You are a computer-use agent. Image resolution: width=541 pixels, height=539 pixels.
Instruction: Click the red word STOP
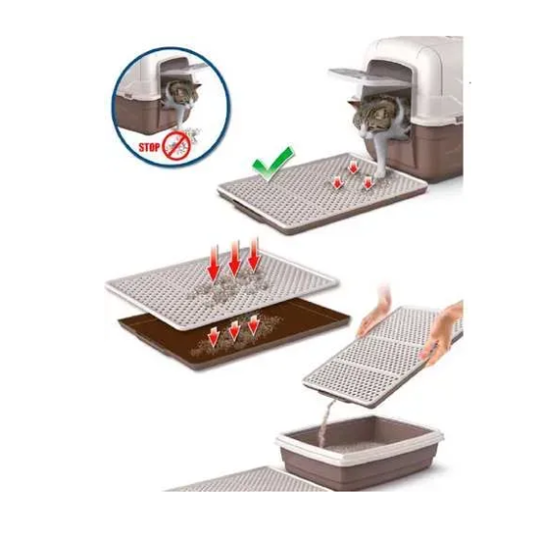[x=149, y=147]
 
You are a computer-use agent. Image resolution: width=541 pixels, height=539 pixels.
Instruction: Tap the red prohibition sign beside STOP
[x=177, y=146]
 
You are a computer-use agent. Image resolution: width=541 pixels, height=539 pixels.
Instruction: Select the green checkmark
[x=273, y=164]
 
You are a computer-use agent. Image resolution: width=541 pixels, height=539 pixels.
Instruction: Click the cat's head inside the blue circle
[x=184, y=93]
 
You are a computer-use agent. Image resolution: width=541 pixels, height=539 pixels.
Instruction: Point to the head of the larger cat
[x=371, y=116]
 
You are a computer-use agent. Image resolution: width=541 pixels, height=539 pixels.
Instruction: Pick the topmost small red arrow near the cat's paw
[x=353, y=167]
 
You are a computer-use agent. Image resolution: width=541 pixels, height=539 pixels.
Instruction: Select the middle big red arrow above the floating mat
[x=235, y=260]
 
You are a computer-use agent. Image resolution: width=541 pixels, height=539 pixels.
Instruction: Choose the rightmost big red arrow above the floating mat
[x=254, y=256]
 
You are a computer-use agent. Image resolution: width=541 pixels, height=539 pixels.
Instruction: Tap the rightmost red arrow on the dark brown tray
[x=254, y=325]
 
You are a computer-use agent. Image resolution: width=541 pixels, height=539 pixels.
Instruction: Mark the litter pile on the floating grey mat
[x=226, y=287]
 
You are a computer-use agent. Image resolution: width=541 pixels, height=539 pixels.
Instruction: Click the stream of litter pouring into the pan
[x=326, y=422]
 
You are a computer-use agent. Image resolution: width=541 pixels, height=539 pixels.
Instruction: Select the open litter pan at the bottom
[x=359, y=452]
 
